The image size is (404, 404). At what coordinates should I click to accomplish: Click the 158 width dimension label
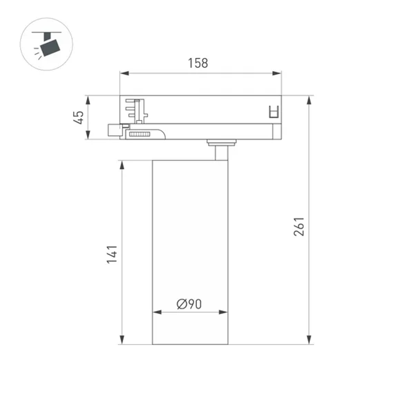coord(198,63)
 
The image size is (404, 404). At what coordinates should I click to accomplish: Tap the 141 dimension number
coord(112,254)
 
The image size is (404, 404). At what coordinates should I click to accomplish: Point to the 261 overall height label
coord(299,227)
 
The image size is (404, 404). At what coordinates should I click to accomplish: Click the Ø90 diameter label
coord(189,303)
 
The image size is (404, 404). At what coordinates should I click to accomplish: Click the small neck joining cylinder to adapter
coord(221,153)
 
